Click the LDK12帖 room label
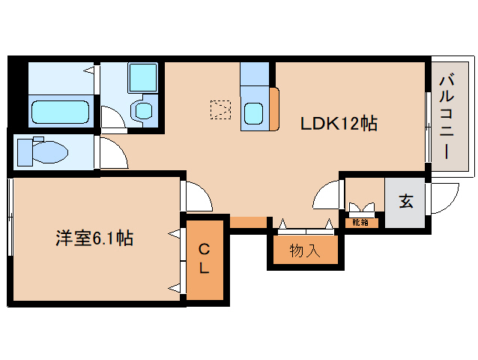pyautogui.click(x=339, y=122)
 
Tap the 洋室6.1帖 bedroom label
pyautogui.click(x=94, y=238)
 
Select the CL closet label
pyautogui.click(x=205, y=257)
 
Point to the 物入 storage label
pyautogui.click(x=305, y=250)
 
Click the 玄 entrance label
pyautogui.click(x=405, y=201)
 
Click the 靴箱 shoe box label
pyautogui.click(x=360, y=222)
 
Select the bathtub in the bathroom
pyautogui.click(x=60, y=112)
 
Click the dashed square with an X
pyautogui.click(x=220, y=110)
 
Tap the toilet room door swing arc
pyautogui.click(x=114, y=154)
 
